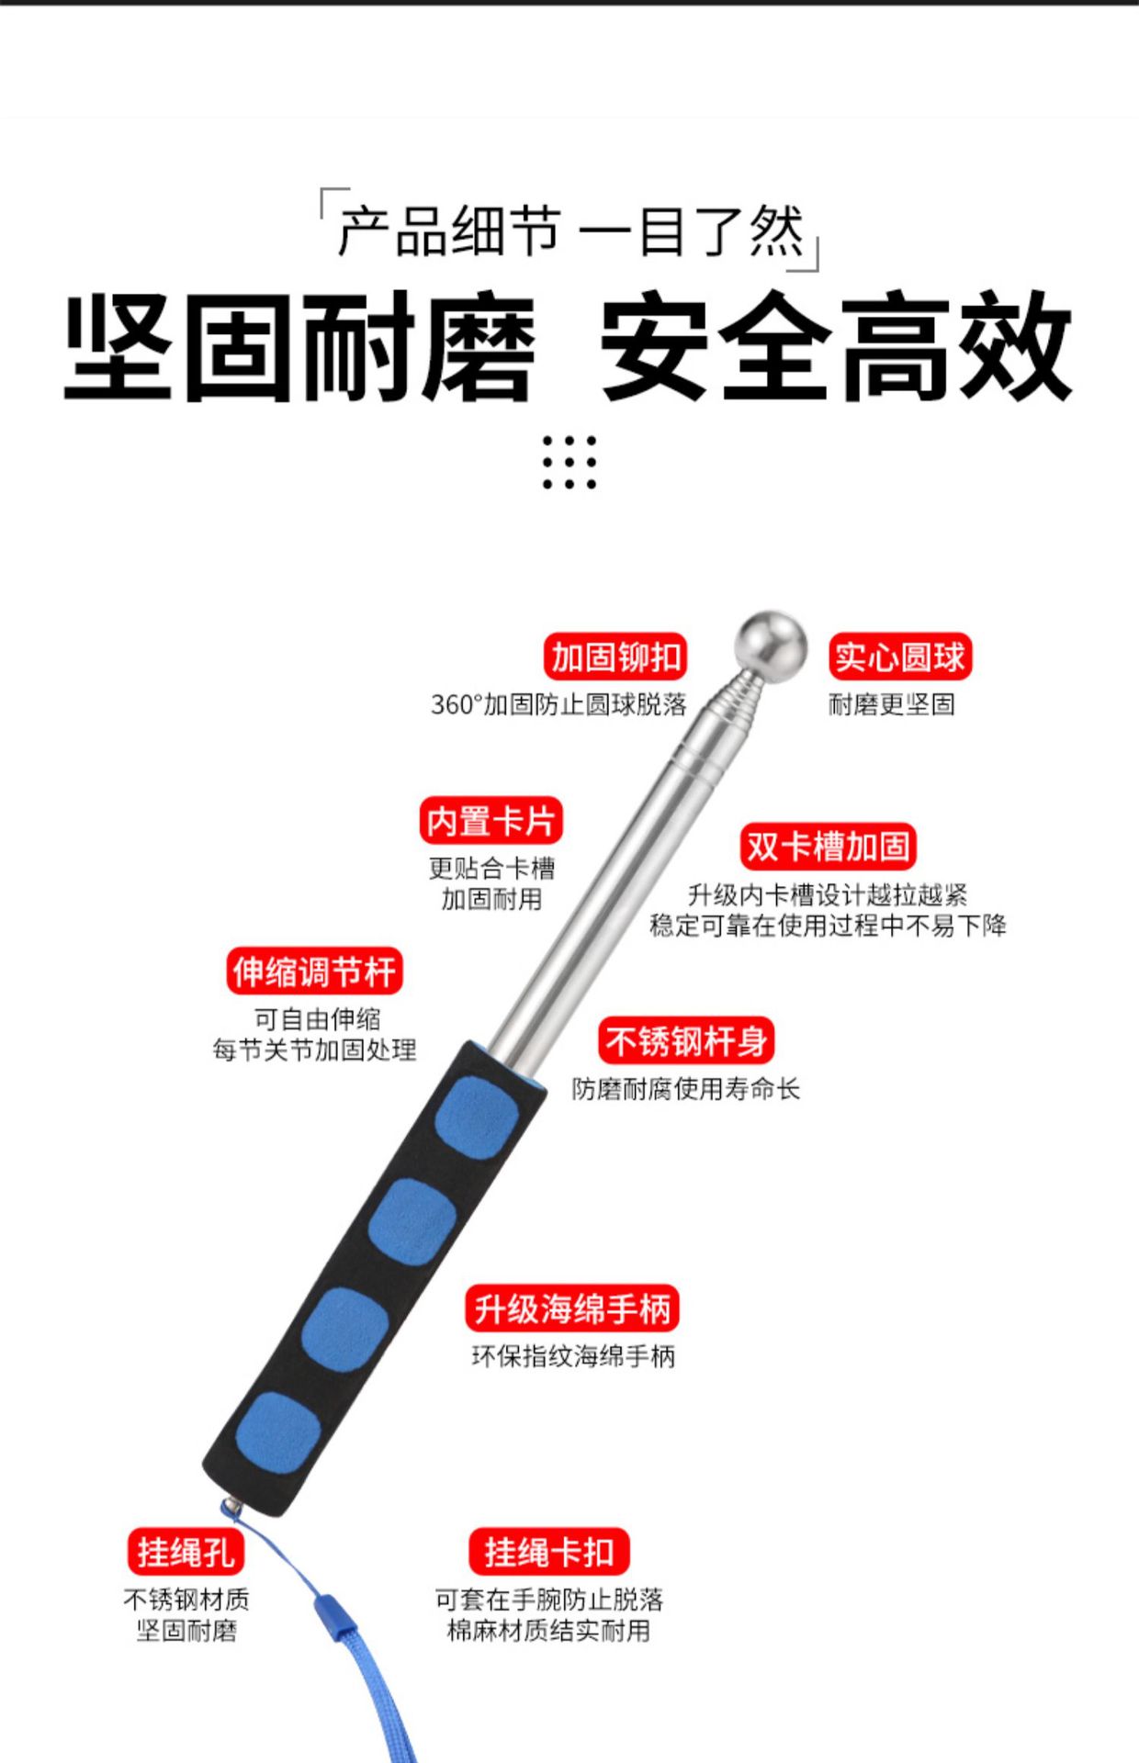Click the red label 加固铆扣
coord(615,657)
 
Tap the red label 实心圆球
coord(899,657)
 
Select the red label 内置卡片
coord(491,821)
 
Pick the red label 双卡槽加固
coord(828,847)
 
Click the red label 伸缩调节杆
coord(314,971)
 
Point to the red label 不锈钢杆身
coord(685,1041)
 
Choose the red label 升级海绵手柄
coord(571,1308)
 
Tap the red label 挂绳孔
coord(186,1553)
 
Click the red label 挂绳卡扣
coord(548,1553)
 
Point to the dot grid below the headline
coord(569,462)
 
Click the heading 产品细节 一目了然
coord(569,230)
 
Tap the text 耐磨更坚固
coord(891,705)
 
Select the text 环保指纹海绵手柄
coord(573,1356)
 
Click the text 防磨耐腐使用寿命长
coord(685,1089)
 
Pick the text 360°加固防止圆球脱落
coord(558,705)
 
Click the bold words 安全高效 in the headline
coord(836,346)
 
